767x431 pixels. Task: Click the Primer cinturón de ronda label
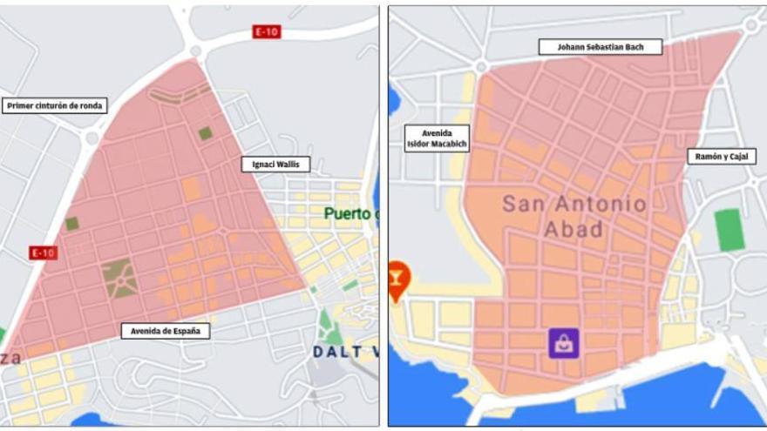pyautogui.click(x=55, y=106)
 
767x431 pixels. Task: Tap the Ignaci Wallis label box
pyautogui.click(x=275, y=164)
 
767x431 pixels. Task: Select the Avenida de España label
pyautogui.click(x=165, y=331)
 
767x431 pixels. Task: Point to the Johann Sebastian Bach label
pyautogui.click(x=600, y=47)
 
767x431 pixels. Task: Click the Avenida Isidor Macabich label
pyautogui.click(x=437, y=138)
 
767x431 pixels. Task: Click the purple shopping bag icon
pyautogui.click(x=564, y=342)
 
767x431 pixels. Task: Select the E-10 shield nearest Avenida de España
pyautogui.click(x=43, y=253)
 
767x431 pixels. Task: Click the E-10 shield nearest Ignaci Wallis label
pyautogui.click(x=266, y=31)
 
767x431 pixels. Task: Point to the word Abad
pyautogui.click(x=573, y=230)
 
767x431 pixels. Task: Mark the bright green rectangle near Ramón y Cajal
pyautogui.click(x=730, y=230)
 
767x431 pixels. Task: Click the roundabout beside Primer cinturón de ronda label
pyautogui.click(x=91, y=138)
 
